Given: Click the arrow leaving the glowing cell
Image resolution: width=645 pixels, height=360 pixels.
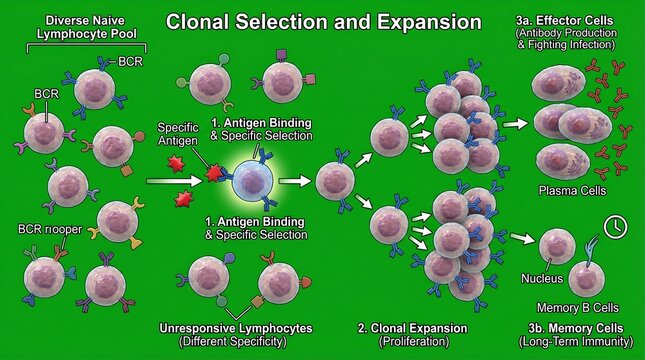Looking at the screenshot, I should pos(293,182).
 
